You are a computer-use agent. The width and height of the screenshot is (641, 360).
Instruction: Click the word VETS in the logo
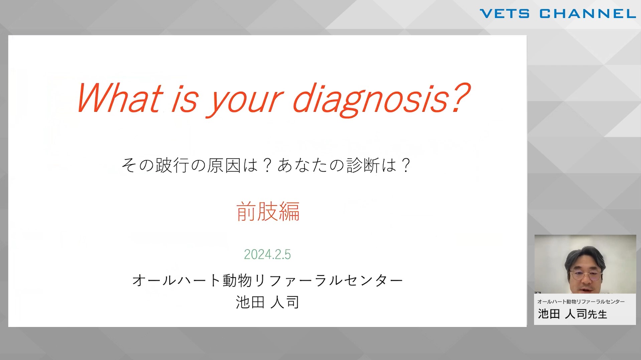pyautogui.click(x=505, y=14)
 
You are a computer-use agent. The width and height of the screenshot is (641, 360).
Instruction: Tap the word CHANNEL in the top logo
pyautogui.click(x=588, y=14)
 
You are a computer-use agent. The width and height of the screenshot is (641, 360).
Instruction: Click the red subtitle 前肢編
pyautogui.click(x=268, y=211)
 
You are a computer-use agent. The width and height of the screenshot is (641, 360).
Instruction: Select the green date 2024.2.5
pyautogui.click(x=267, y=254)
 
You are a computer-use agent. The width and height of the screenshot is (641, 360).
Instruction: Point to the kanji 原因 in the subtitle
pyautogui.click(x=224, y=165)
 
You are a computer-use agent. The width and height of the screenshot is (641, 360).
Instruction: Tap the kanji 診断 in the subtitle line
pyautogui.click(x=363, y=165)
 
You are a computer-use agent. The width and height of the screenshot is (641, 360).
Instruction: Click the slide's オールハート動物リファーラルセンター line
pyautogui.click(x=268, y=280)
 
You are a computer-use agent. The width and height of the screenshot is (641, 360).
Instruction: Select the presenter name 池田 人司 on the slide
pyautogui.click(x=268, y=302)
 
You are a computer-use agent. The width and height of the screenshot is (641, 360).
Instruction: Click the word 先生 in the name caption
pyautogui.click(x=597, y=314)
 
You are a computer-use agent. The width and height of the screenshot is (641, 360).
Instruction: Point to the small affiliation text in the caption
pyautogui.click(x=581, y=302)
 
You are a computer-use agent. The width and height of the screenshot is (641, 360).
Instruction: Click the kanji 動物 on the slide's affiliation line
pyautogui.click(x=237, y=280)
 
